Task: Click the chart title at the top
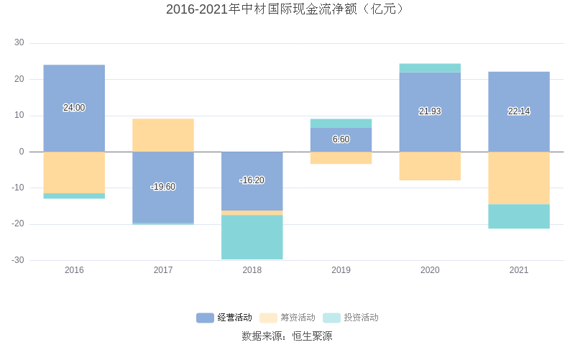click(287, 9)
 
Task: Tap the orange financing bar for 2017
click(163, 135)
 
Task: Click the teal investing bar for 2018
click(252, 237)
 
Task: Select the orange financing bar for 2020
click(430, 166)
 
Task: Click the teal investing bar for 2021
click(518, 216)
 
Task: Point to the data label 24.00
click(74, 108)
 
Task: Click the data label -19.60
click(163, 187)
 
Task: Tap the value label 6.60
click(341, 139)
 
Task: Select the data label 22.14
click(518, 111)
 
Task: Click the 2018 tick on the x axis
click(252, 270)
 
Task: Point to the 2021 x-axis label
click(518, 270)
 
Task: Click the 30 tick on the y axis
click(19, 43)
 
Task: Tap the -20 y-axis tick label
click(17, 224)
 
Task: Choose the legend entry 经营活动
click(224, 318)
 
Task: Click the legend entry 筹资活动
click(287, 318)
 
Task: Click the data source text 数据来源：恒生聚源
click(287, 336)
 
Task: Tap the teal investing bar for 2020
click(430, 68)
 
